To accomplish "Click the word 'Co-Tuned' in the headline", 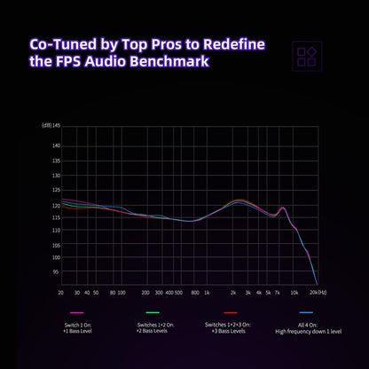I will [x=67, y=43].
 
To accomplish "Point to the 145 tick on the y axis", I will [x=55, y=125].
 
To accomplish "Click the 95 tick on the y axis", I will [x=55, y=272].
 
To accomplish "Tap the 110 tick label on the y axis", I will [x=55, y=231].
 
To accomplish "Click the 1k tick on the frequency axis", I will [x=206, y=292].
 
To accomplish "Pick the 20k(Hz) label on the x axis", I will [x=317, y=292].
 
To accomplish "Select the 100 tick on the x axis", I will [x=121, y=292].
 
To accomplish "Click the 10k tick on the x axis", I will [x=293, y=292].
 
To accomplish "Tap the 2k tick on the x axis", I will [x=232, y=292].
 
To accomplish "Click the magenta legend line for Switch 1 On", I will [x=77, y=313].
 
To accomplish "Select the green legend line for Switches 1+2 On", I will [x=153, y=313].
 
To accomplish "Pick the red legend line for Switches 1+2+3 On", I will [x=229, y=313].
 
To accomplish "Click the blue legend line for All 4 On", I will [x=305, y=313].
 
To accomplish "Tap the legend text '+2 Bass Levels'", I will [x=153, y=332].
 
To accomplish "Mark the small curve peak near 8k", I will [x=283, y=208].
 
